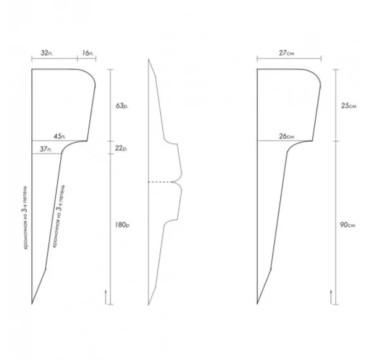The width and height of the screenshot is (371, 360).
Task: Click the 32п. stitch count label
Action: (x=47, y=53)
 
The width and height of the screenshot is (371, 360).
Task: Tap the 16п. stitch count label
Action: (x=88, y=53)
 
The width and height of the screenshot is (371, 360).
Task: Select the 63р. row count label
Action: (x=122, y=106)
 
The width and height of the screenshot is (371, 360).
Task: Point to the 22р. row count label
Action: (x=121, y=148)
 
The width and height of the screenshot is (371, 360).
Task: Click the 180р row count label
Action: (x=122, y=225)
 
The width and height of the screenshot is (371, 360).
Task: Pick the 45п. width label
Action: (x=60, y=136)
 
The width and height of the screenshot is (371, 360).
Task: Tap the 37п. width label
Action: (x=46, y=149)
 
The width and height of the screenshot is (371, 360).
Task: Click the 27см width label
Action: (x=286, y=53)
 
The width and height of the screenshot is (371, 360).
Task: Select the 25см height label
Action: (x=349, y=106)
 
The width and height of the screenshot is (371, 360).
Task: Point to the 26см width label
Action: (x=286, y=136)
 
